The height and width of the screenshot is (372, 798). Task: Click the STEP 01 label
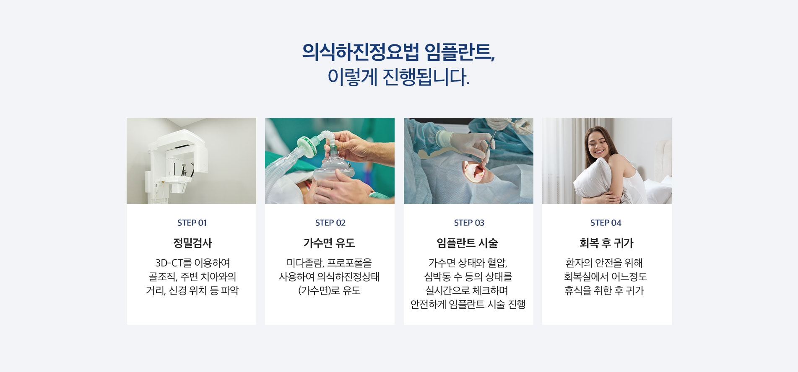[192, 223]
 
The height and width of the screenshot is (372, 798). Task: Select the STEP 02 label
[330, 223]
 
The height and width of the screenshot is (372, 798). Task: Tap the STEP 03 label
[469, 223]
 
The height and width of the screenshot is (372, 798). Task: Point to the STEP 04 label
[606, 223]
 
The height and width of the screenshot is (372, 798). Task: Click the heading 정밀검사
[192, 243]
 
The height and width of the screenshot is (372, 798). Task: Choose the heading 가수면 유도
[329, 243]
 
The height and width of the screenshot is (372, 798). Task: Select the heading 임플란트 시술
[467, 243]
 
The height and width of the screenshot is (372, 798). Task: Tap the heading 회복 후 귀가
[606, 243]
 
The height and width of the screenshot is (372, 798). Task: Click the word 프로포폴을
[349, 263]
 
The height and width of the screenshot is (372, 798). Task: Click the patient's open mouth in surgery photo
[476, 171]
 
